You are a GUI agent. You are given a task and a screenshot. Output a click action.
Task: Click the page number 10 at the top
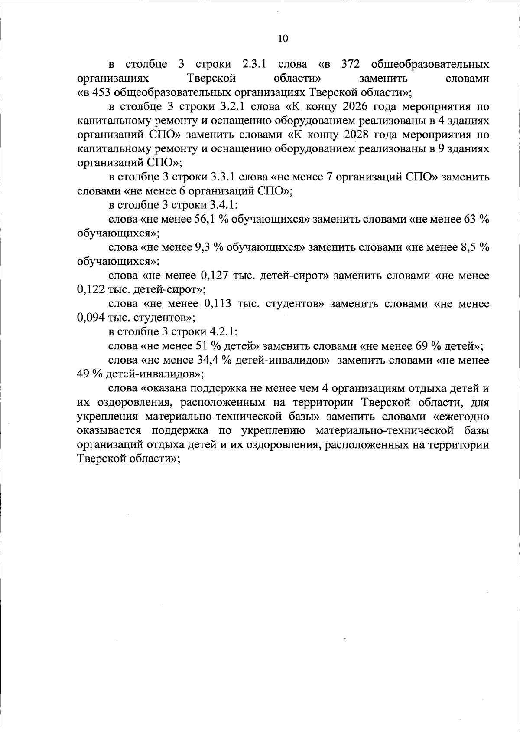[x=283, y=38]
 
